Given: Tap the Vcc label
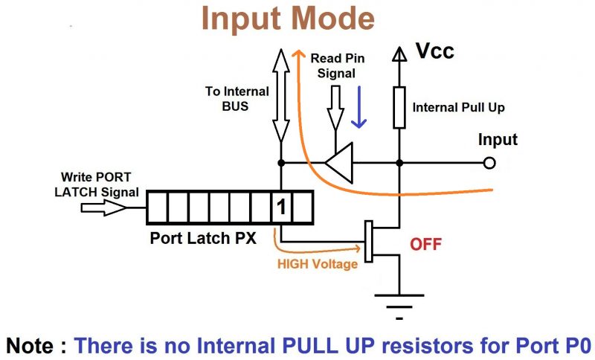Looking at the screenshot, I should (434, 51).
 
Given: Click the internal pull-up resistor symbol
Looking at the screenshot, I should (399, 107).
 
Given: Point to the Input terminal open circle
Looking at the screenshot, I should (489, 163).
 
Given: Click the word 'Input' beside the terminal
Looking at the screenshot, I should (498, 140).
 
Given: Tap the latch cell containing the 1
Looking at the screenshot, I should (281, 207).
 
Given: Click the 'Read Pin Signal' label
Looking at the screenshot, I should (337, 65).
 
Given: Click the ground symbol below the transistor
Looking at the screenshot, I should (399, 305).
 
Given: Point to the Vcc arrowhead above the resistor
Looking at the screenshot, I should (399, 54).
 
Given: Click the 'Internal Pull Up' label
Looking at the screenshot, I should (459, 107).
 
